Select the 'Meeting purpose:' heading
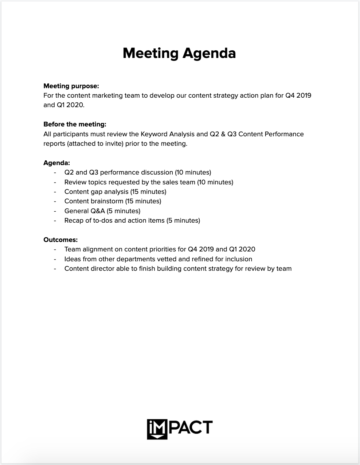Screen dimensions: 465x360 click(x=71, y=86)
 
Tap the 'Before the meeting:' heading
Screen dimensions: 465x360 click(x=75, y=124)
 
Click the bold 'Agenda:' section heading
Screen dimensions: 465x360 click(x=56, y=163)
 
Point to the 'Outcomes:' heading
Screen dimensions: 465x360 click(x=60, y=240)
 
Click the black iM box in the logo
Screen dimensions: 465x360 click(x=157, y=429)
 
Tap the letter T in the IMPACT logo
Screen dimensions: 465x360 click(x=207, y=427)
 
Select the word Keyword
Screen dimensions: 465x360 click(x=154, y=134)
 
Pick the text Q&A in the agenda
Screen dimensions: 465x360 click(x=96, y=211)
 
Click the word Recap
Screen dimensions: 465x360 click(x=74, y=220)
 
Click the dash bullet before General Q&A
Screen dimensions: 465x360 click(x=55, y=211)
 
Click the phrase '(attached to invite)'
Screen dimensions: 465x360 click(x=95, y=144)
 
